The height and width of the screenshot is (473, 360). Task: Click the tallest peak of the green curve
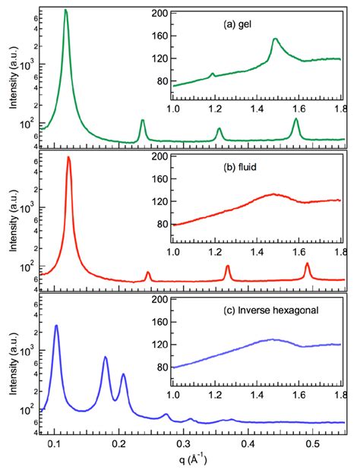tap(66, 11)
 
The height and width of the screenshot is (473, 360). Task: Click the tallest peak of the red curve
tap(69, 157)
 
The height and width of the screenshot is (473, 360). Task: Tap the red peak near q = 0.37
tap(227, 266)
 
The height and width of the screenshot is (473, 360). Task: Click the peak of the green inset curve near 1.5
tap(275, 39)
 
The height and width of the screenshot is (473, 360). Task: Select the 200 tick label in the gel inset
tap(159, 14)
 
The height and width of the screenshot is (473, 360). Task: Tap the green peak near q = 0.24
tap(142, 121)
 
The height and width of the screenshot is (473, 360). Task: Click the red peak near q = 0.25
tap(148, 272)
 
